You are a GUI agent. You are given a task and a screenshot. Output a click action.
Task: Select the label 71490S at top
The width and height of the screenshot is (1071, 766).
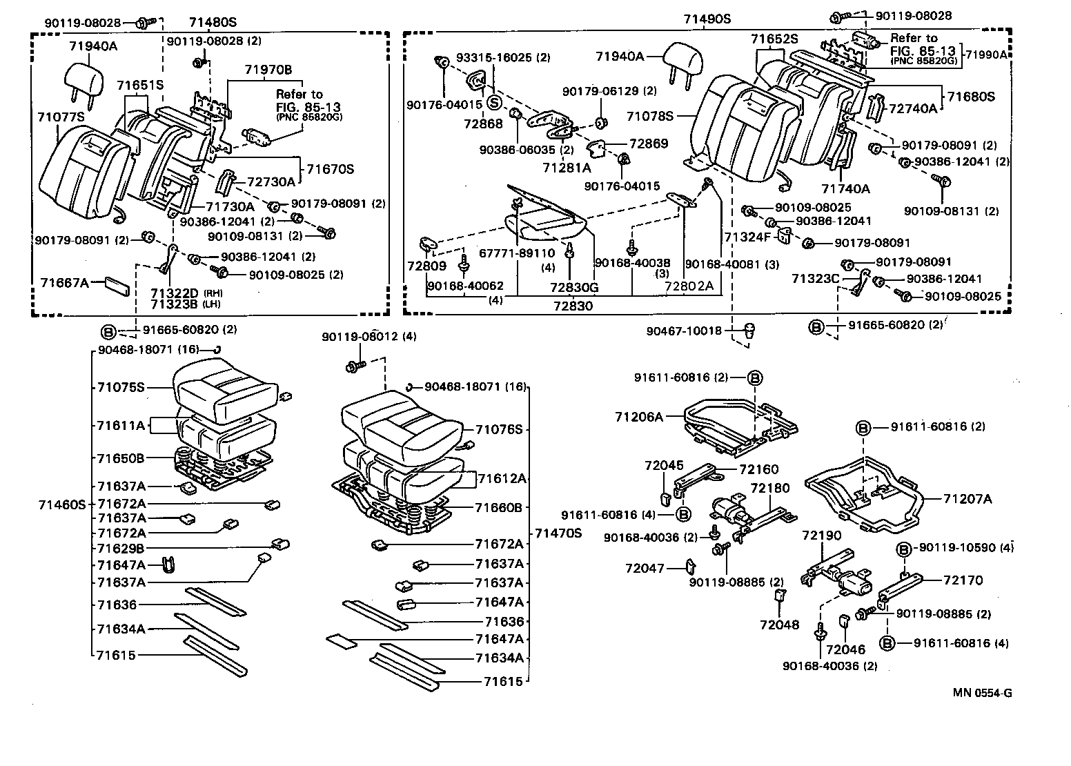click(707, 19)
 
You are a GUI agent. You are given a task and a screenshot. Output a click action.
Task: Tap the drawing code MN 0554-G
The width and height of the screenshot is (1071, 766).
click(983, 693)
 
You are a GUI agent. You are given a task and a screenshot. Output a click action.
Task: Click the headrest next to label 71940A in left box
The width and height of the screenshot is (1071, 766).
click(85, 77)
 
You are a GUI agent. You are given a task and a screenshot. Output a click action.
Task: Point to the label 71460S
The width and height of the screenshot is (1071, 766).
click(61, 504)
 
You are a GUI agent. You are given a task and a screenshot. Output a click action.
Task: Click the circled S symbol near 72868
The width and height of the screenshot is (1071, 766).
click(493, 103)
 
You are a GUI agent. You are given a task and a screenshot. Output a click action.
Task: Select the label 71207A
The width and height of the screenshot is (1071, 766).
click(967, 498)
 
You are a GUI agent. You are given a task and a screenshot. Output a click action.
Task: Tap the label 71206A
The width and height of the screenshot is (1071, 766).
click(639, 417)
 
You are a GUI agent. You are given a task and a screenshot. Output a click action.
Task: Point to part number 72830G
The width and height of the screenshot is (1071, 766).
click(574, 286)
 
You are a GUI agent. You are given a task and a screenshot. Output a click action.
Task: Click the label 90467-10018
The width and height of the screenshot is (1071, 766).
click(684, 331)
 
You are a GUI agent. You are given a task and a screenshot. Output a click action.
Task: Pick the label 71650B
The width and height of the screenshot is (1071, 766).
click(121, 458)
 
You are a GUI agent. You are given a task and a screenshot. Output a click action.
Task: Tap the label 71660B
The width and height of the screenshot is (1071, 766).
click(498, 507)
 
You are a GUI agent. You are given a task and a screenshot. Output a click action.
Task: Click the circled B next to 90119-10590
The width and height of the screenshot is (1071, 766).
click(905, 548)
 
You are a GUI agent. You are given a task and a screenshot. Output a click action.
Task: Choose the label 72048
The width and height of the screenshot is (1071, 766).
click(779, 625)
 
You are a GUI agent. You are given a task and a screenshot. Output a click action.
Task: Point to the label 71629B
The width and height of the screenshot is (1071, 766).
click(121, 549)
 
